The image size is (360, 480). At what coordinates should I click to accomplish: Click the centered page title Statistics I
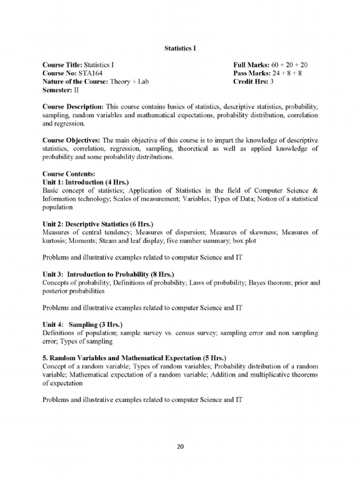coord(180,49)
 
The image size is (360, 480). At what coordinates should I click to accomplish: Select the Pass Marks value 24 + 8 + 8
coord(289,73)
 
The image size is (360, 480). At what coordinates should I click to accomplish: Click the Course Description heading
coord(73,106)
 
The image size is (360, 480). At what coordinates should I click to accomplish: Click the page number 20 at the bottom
coord(180,446)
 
